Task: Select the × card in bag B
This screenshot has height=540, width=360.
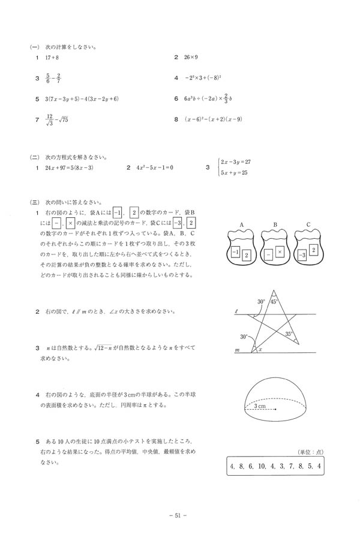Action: point(280,252)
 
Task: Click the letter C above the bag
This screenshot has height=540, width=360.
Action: point(308,226)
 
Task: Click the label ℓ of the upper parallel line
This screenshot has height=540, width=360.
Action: point(238,311)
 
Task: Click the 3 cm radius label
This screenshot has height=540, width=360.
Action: point(259,407)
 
